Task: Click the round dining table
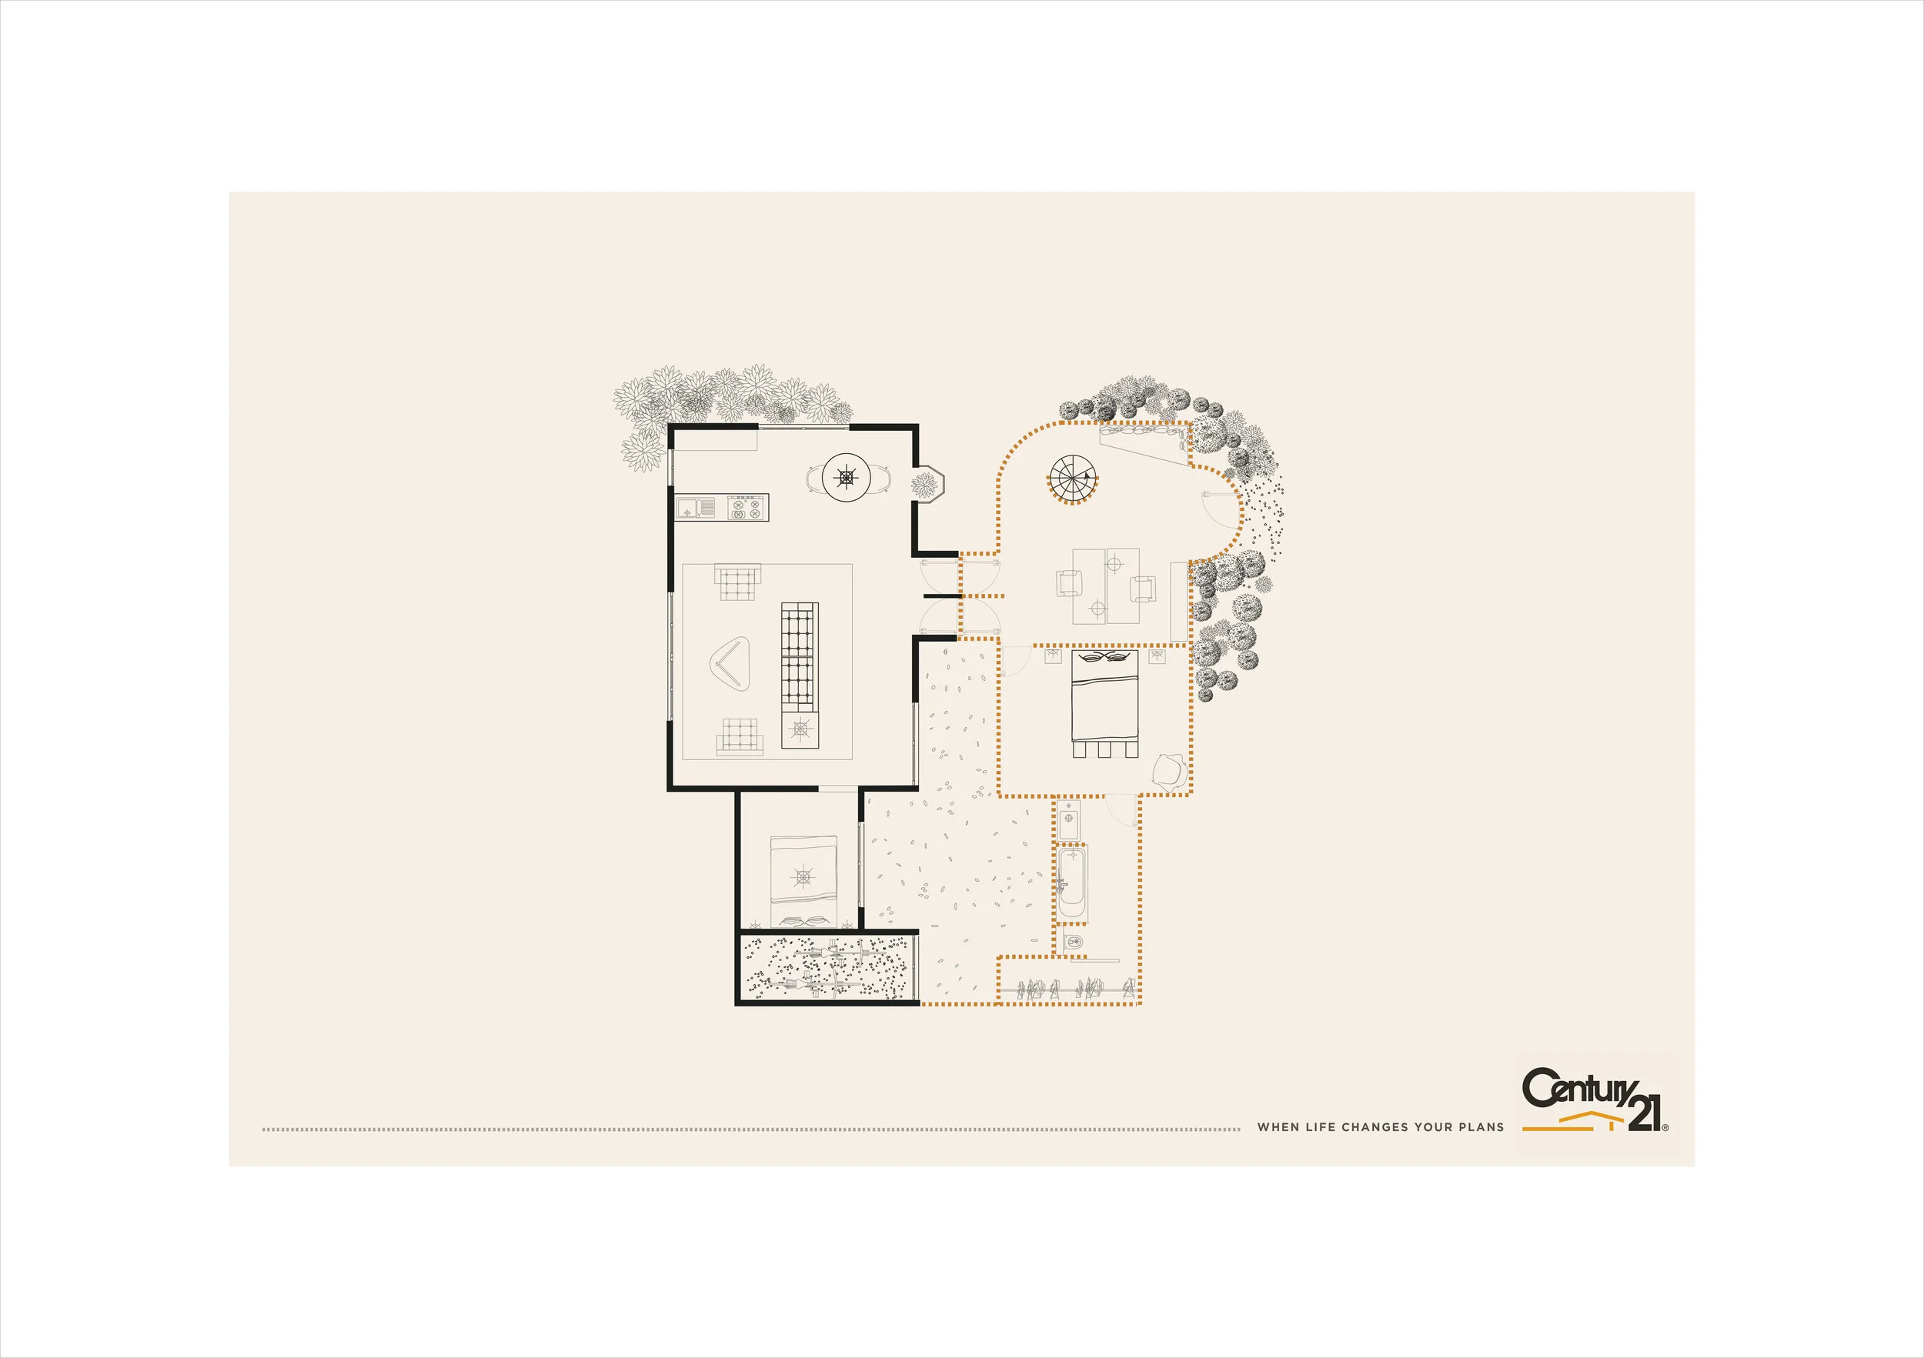pos(847,478)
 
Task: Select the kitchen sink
pos(696,507)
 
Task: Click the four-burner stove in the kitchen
pos(747,507)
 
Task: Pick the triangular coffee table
pos(732,666)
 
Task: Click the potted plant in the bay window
pos(925,486)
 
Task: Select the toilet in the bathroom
pos(1074,942)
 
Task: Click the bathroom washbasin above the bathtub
pos(1069,820)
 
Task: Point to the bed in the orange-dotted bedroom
pos(1105,704)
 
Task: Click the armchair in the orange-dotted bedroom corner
pos(1170,771)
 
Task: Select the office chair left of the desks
pos(1068,582)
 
